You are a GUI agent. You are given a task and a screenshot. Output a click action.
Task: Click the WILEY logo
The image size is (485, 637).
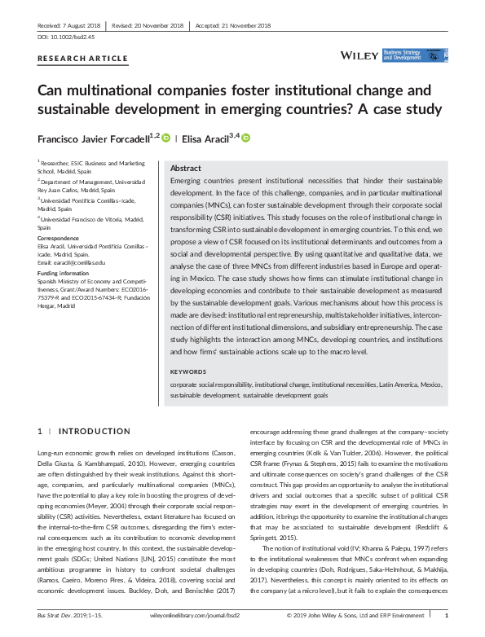coord(358,56)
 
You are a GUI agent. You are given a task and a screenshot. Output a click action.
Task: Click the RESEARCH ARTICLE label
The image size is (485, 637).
coord(83,59)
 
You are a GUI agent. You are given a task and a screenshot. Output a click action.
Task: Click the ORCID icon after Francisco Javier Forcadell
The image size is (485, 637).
coord(165,138)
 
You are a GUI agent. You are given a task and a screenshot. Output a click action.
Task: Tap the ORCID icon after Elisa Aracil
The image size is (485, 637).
coord(245,138)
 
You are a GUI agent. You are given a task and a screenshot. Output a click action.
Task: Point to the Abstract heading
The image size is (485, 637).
coord(186,167)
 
